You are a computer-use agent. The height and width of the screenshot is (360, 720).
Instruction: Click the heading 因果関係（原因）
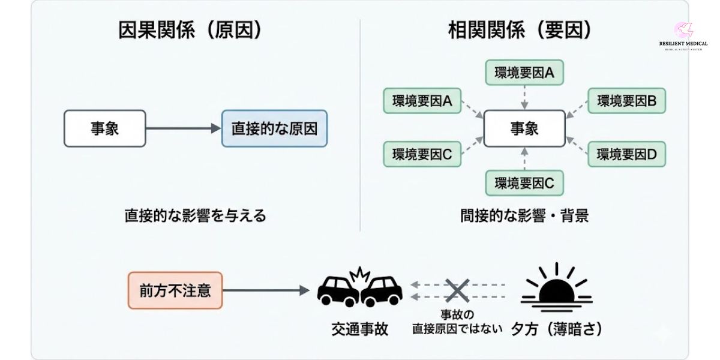tap(191, 31)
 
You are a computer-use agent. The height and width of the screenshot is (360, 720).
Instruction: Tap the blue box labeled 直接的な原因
tap(274, 128)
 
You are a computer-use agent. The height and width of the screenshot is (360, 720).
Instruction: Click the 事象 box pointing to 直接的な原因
tap(105, 128)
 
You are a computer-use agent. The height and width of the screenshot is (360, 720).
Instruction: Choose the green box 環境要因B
tap(626, 101)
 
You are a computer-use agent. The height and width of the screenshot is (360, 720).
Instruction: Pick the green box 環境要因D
tap(626, 155)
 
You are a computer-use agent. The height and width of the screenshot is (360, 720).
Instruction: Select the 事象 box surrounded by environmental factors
tap(524, 128)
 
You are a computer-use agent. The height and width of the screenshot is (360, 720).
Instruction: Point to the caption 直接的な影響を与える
tap(195, 215)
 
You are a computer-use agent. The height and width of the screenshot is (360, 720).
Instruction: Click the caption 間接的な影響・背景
tap(524, 215)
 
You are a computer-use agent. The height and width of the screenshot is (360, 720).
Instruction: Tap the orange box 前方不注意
tap(175, 290)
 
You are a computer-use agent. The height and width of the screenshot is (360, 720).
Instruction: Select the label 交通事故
tap(360, 329)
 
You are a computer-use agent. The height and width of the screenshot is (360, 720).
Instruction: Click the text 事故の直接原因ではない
tap(457, 322)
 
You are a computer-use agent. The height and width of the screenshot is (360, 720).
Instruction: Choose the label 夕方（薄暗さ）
tap(556, 329)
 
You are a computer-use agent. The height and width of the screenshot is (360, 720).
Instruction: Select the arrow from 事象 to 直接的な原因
tap(184, 128)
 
